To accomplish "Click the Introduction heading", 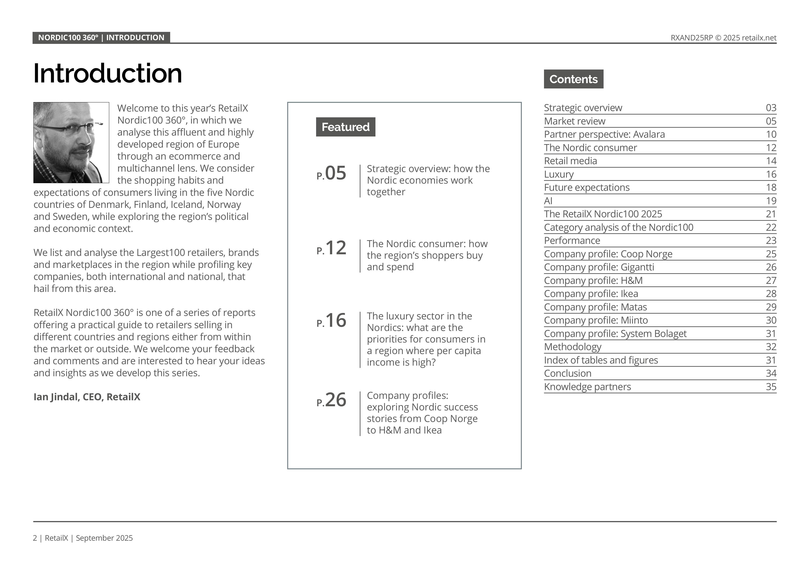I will tap(108, 73).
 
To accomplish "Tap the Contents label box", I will tap(573, 79).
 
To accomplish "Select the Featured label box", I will tap(345, 127).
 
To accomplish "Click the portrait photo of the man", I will tap(71, 142).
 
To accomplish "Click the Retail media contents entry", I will tap(571, 161).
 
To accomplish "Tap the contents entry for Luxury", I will tap(559, 174).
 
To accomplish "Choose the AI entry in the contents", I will tap(548, 201).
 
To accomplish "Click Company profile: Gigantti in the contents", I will tap(599, 267).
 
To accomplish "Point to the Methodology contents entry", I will tap(573, 347).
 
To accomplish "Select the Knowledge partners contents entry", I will tap(587, 387).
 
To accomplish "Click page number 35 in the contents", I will tap(771, 387).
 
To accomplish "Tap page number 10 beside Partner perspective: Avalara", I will tap(771, 134).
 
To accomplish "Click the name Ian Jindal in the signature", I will tap(56, 397).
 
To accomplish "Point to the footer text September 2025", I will tap(104, 538).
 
